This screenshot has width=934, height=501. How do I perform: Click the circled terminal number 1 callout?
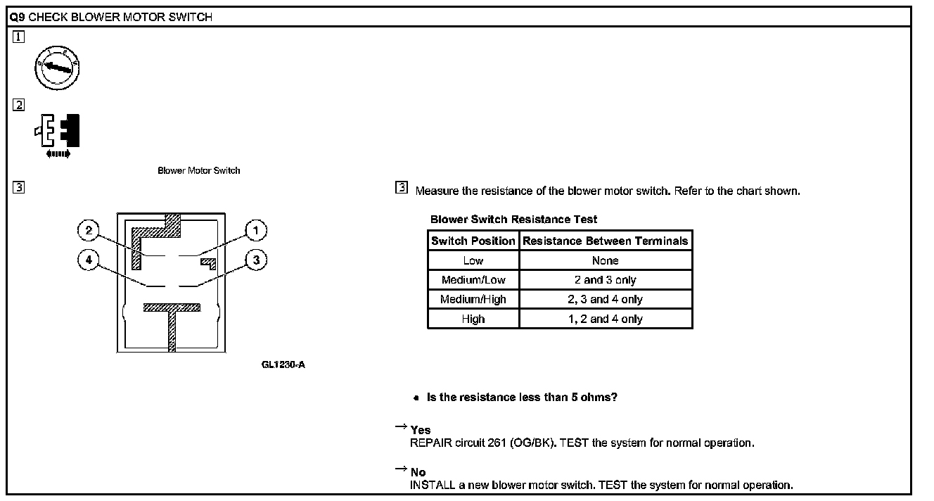pos(256,230)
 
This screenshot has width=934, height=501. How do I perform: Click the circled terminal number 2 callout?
pos(88,230)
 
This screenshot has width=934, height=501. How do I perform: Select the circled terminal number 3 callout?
pos(256,260)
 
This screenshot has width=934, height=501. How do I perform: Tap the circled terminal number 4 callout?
pos(88,260)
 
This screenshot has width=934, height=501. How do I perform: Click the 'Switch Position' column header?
pos(473,241)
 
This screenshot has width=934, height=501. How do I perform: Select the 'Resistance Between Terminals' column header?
pos(606,241)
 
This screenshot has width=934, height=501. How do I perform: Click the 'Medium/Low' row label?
pos(473,280)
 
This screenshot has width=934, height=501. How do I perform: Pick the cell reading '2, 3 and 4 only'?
pos(606,299)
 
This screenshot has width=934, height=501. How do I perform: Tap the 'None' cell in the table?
pos(606,260)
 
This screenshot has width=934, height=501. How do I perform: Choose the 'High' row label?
pos(473,319)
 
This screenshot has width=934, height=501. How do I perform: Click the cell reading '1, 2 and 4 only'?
pos(606,319)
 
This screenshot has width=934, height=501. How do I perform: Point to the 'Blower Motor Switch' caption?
pos(199,170)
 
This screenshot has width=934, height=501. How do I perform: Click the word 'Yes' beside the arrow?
pos(421,430)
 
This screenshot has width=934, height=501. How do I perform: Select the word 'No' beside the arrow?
pos(418,472)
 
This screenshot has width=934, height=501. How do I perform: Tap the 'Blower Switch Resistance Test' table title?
pos(514,220)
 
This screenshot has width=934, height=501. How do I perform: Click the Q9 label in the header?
pos(18,17)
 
